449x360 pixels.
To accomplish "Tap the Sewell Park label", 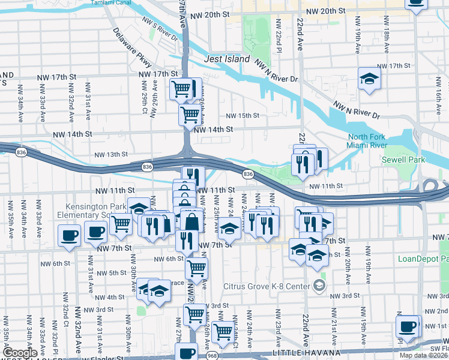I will (x=403, y=160).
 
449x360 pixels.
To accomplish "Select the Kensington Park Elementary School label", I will (x=90, y=210).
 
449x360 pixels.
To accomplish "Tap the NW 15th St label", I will (x=243, y=116).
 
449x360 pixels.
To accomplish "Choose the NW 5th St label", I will (x=110, y=273).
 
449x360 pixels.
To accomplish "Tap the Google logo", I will (x=20, y=352).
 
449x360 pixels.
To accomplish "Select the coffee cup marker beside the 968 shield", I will (x=186, y=352).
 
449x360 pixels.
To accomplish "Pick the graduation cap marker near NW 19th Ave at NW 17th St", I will (x=370, y=78).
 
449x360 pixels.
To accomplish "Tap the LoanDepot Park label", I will (x=423, y=259).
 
